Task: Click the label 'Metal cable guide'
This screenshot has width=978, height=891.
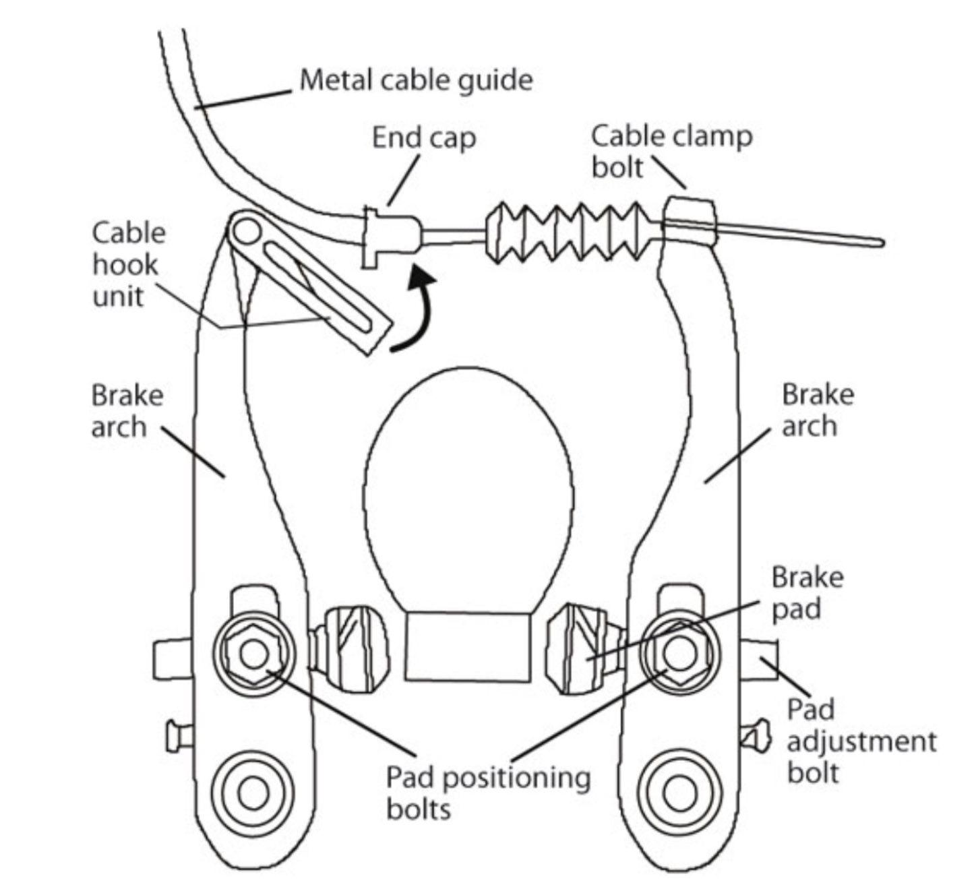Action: coord(416,80)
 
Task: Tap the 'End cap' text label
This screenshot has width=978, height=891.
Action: coord(424,138)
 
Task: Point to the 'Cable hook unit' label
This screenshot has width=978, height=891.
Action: coord(127,264)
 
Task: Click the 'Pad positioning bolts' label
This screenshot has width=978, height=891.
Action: coord(487,792)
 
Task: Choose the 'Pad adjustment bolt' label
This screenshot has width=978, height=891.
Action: coord(860,741)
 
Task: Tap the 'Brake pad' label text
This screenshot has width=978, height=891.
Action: coord(806,592)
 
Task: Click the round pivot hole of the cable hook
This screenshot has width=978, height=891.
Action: coord(247,231)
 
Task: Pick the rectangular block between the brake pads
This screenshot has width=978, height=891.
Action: coord(467,646)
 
